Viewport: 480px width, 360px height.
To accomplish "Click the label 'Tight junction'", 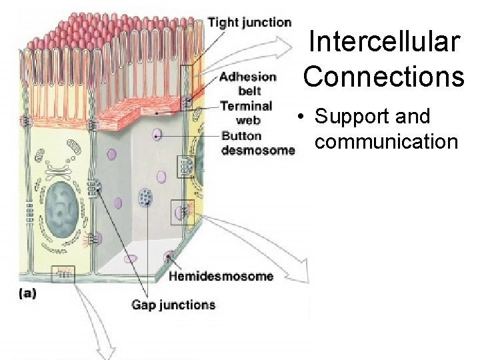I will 249,23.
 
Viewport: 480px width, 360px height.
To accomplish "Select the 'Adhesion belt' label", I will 248,83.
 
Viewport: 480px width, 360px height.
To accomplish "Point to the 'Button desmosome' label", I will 257,143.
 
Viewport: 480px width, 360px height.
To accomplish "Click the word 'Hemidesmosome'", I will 221,275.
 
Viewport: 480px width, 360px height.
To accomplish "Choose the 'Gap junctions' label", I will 173,305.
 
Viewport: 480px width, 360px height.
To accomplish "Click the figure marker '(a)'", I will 27,293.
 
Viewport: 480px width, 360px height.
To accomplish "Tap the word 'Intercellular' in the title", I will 384,42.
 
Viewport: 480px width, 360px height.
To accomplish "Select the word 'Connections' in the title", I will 384,76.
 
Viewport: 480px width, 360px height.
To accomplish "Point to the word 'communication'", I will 387,141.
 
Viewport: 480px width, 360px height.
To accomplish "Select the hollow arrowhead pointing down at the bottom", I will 105,347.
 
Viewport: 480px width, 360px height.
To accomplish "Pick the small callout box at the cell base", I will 63,273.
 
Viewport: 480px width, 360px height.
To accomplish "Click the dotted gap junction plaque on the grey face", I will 145,197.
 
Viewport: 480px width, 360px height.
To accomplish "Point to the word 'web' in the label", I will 248,121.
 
